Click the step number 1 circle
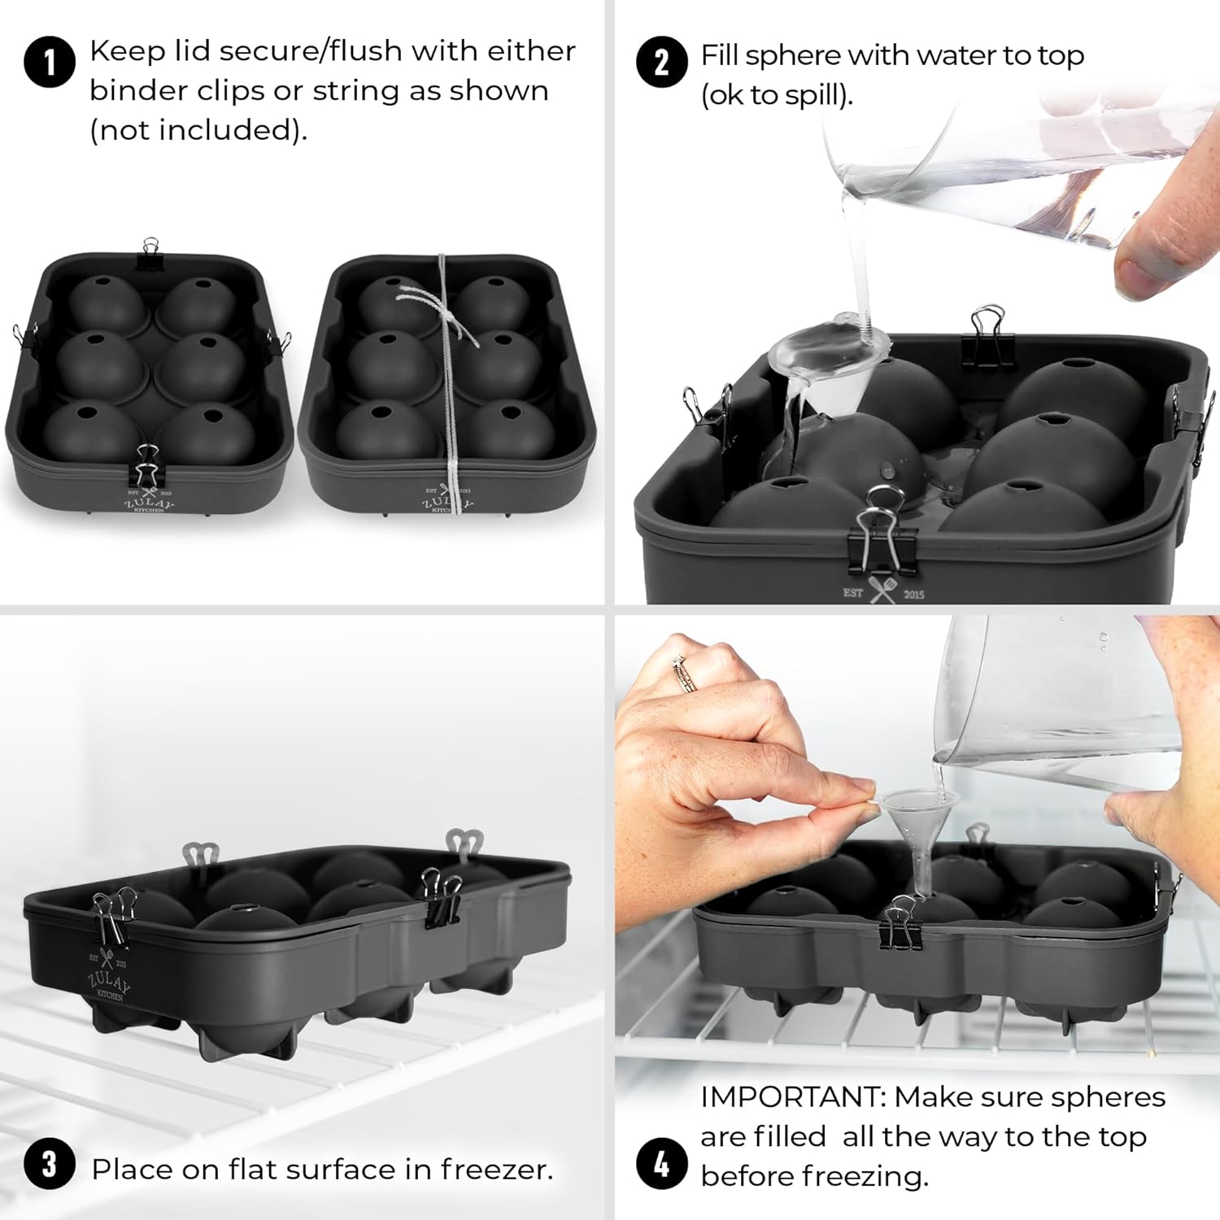tap(50, 63)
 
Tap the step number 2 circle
tap(661, 63)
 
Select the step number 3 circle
tap(50, 1164)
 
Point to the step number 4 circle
tap(661, 1164)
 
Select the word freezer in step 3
tap(496, 1169)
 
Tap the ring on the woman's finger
tap(683, 674)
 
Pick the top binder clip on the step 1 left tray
tap(150, 253)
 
